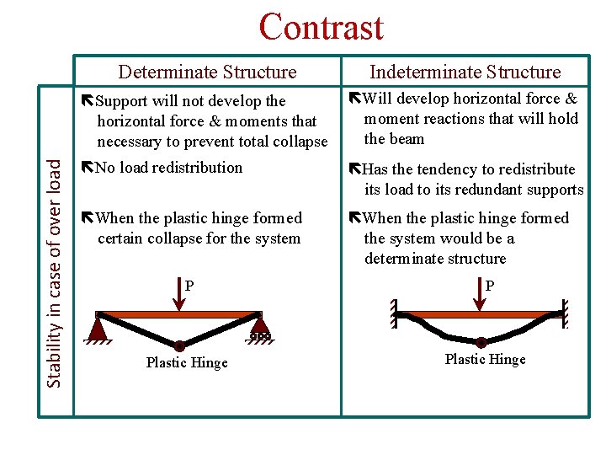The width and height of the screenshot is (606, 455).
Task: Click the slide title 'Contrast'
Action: (x=321, y=27)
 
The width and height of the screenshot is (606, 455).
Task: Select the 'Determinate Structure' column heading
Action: (x=207, y=72)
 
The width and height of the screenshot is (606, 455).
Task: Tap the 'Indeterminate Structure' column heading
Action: (x=465, y=72)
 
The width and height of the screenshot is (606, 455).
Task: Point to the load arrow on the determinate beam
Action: (x=179, y=294)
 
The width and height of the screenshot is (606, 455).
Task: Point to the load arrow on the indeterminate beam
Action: (x=481, y=294)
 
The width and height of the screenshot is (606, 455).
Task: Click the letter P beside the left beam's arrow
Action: (x=189, y=286)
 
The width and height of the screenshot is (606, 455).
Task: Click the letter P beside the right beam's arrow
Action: (x=490, y=286)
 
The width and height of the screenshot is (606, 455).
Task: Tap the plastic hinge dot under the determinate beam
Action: (x=179, y=345)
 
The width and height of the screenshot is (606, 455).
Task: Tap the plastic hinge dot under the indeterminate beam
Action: (x=481, y=342)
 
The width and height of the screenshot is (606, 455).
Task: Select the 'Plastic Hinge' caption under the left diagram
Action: (x=186, y=363)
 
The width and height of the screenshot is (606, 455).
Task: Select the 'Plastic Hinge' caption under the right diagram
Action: (x=485, y=360)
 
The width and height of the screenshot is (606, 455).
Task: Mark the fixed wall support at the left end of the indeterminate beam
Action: (x=394, y=313)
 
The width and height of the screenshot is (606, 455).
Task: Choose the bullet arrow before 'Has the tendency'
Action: (x=354, y=169)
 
